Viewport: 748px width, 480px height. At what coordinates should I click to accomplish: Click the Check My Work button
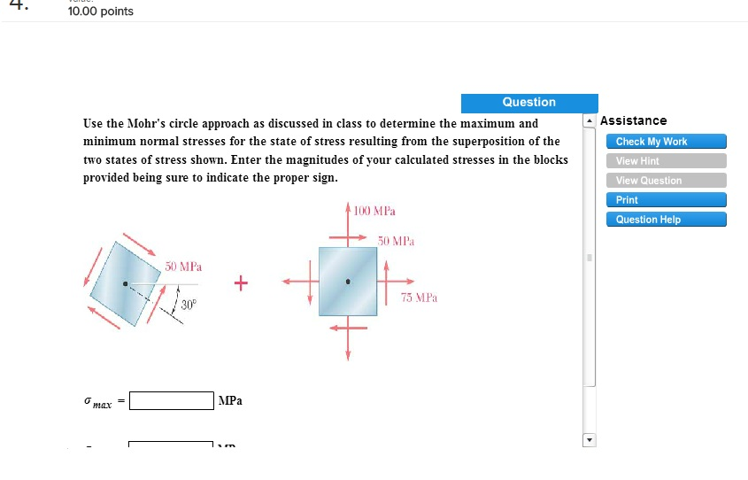pos(666,142)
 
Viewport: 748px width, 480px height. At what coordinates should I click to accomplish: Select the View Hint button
pos(666,161)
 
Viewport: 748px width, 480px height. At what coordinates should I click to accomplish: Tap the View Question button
pos(666,181)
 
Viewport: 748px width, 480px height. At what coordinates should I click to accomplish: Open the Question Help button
pos(666,220)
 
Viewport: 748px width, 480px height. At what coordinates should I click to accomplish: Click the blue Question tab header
pos(528,103)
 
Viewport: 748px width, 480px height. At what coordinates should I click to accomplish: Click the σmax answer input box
pos(171,401)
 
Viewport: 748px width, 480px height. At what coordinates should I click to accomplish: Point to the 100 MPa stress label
pos(374,212)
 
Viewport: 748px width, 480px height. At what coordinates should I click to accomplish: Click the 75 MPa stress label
pos(419,298)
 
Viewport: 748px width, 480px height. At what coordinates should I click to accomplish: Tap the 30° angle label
pos(189,305)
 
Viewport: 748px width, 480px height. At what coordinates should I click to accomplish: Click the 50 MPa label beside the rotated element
pos(183,266)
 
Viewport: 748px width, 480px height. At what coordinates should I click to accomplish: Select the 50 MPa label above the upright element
pos(396,241)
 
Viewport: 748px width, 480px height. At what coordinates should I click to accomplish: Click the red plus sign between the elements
pos(240,283)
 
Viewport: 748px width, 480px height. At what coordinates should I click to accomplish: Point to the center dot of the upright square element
pos(348,283)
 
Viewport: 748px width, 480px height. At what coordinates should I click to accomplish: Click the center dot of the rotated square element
pos(126,284)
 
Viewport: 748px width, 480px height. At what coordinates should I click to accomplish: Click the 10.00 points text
pos(101,12)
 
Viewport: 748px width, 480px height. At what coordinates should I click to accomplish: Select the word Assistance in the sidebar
pos(633,120)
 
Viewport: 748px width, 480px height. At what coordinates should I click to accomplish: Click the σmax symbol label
pos(98,402)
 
